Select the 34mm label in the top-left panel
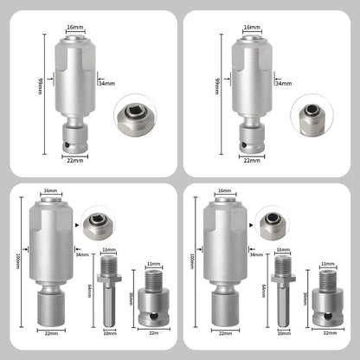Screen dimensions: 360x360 106,84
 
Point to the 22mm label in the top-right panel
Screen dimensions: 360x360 251,159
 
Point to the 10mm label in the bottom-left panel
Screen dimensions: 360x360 108,332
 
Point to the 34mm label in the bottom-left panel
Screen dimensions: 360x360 83,254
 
